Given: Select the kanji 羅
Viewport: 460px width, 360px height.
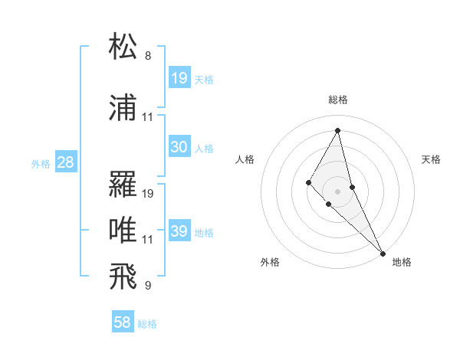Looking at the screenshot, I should [x=123, y=184].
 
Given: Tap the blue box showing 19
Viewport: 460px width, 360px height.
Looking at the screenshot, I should [x=179, y=78].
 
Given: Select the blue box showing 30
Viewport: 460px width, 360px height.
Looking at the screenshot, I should [x=179, y=147].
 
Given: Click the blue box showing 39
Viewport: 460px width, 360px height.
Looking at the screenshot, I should [x=179, y=231].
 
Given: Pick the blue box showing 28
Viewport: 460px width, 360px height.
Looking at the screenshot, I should [x=65, y=162].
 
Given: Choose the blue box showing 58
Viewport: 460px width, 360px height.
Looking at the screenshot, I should [x=123, y=322].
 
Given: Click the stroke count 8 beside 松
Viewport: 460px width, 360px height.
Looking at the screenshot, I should [x=148, y=56].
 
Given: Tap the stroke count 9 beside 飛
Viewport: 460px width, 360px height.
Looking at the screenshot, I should [x=148, y=286].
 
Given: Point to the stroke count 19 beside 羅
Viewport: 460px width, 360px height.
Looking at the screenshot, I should [x=148, y=194].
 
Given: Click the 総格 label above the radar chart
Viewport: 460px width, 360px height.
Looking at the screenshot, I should [x=338, y=100].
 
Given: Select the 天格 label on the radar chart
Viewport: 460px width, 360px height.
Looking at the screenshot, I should [x=432, y=159].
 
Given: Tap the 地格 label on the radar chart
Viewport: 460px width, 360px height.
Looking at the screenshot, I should [x=402, y=262].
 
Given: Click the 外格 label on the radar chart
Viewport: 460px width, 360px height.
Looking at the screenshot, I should [x=270, y=262].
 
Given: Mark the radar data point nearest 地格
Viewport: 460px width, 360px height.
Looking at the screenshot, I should [x=383, y=253].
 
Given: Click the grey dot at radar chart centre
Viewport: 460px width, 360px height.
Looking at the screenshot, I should [x=337, y=191].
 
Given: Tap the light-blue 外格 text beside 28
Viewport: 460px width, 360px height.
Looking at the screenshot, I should [x=40, y=163].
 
